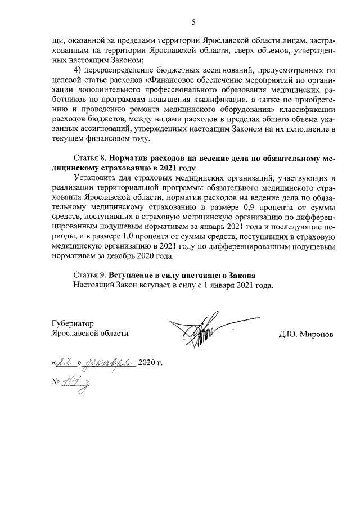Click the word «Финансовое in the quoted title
[169, 80]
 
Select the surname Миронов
[317, 333]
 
